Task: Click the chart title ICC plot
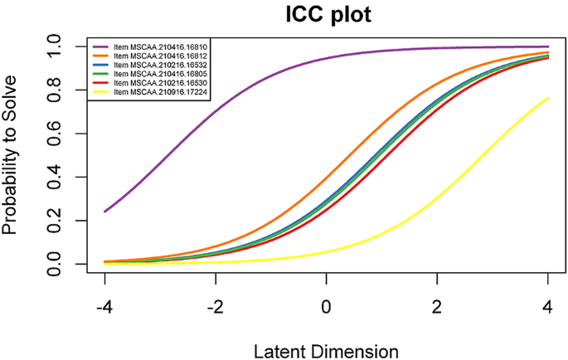(325, 14)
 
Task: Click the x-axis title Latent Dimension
(326, 349)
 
